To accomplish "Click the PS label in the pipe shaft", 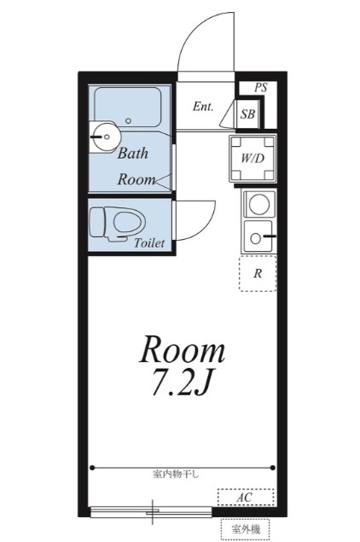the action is (x=261, y=87).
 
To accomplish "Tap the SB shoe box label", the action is (x=247, y=114).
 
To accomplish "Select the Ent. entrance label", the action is (x=203, y=106).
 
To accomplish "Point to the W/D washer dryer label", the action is (x=253, y=158).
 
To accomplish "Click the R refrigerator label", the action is (x=258, y=273).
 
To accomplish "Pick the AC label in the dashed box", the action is (x=244, y=498).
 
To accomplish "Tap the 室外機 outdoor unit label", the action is (x=246, y=529).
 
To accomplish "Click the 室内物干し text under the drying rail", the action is (x=177, y=474).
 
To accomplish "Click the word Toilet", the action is (x=149, y=243).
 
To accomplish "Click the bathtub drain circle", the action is (x=129, y=121).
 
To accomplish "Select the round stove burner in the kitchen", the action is (x=259, y=204).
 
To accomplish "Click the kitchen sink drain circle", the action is (x=255, y=238).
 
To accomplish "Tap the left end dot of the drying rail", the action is (x=92, y=468).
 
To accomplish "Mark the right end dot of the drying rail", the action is (x=273, y=468).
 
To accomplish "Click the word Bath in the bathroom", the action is (x=133, y=153).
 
